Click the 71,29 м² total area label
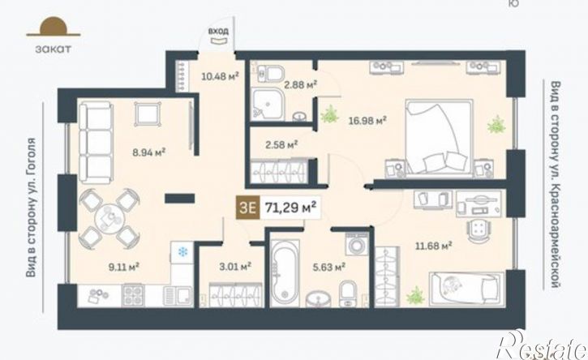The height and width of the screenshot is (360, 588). coord(290,207)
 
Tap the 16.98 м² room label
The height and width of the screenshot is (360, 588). coord(367,121)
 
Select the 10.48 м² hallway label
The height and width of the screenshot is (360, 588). coord(220,76)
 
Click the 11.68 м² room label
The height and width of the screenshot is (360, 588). coord(433,246)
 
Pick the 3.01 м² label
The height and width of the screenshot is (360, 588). coord(235,267)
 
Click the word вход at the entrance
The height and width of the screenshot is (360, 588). coord(218,31)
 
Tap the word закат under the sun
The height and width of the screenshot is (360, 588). coord(54,49)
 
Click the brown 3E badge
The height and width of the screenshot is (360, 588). coord(247,207)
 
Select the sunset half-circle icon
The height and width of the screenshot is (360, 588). coord(54,27)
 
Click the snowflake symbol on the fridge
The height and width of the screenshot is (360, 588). coord(182,252)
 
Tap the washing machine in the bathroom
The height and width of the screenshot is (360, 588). coord(357,244)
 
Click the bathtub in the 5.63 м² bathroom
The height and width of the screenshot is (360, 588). coord(285,272)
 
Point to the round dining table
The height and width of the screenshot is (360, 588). coord(109,219)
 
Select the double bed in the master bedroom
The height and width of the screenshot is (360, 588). coord(439,137)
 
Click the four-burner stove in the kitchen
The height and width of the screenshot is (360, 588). coord(133,295)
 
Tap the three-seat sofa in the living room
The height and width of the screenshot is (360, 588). coord(96,142)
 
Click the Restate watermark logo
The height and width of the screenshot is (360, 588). coord(542,345)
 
